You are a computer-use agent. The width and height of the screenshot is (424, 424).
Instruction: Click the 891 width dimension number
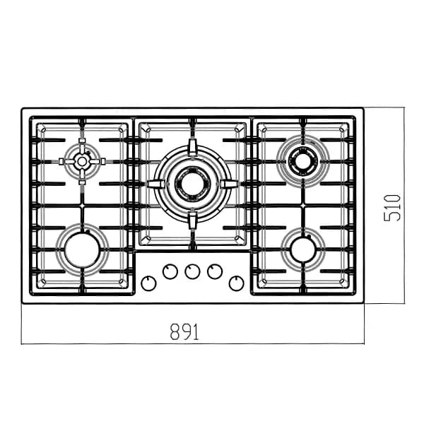tap(184, 331)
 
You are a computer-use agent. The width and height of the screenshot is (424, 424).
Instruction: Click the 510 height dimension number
tap(392, 208)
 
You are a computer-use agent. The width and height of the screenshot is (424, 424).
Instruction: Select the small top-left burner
tap(82, 161)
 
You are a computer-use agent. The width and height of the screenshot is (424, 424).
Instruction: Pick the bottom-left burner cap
tap(82, 250)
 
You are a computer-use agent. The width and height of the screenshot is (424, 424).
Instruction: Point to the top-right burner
tap(303, 161)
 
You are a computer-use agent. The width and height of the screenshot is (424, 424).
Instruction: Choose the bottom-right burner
tap(303, 250)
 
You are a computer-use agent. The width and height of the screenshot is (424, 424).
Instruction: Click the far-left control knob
tap(148, 283)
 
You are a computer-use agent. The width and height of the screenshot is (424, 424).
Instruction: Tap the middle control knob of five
tap(192, 271)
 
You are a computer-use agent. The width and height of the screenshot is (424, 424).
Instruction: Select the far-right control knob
tap(236, 283)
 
